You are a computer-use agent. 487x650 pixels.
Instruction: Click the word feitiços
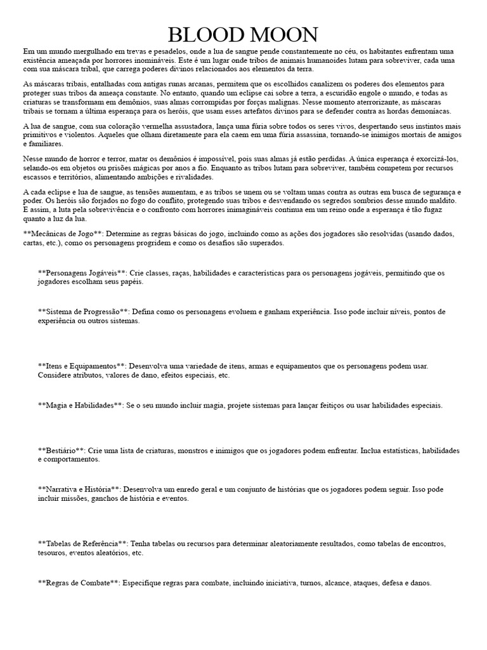click(x=342, y=405)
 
